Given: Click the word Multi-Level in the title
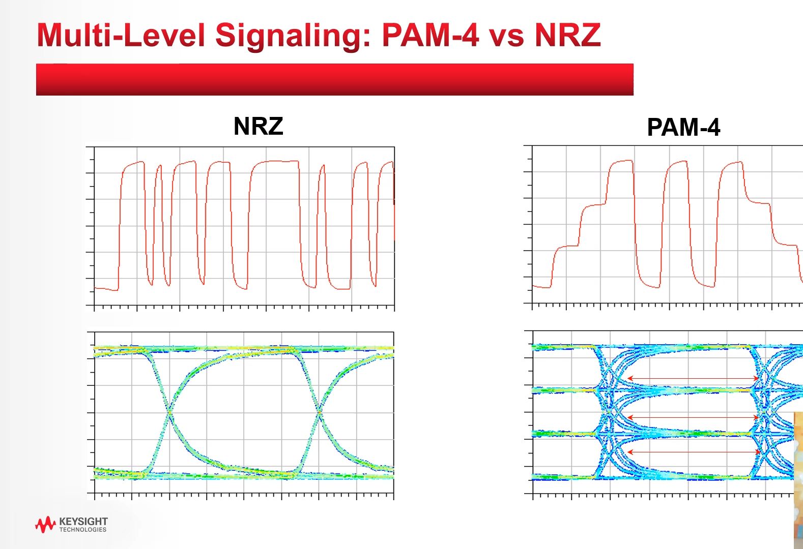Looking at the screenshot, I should [121, 36].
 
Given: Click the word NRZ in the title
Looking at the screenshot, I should [567, 36].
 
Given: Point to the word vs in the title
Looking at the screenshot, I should [506, 37].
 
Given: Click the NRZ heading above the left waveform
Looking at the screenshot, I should [258, 126].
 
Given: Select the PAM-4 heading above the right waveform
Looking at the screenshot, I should [683, 127].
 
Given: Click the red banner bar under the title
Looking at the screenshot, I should [334, 80].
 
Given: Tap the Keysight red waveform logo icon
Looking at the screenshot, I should [45, 524].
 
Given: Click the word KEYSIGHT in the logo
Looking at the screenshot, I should [83, 521].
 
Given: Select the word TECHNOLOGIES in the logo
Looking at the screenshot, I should [83, 530].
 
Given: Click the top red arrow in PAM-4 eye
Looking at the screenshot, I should [693, 378].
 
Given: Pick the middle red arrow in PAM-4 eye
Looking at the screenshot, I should [693, 417].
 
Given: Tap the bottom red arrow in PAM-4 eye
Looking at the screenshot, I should [693, 452].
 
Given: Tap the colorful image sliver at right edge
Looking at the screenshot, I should [798, 478].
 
